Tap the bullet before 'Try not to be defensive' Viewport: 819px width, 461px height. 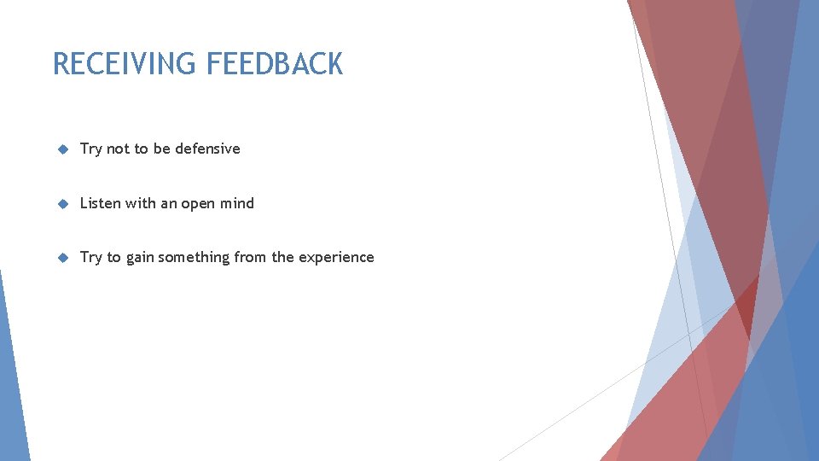61,149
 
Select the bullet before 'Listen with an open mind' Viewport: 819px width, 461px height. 61,204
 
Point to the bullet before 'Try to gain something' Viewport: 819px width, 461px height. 61,258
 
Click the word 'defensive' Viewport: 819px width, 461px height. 207,149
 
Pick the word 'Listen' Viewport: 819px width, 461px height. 101,203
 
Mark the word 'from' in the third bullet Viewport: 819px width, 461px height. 250,257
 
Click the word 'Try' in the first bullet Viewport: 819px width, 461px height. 90,149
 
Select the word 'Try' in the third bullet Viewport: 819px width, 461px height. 90,258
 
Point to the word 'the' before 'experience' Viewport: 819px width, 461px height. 282,257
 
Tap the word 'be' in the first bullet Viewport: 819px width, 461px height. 162,149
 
